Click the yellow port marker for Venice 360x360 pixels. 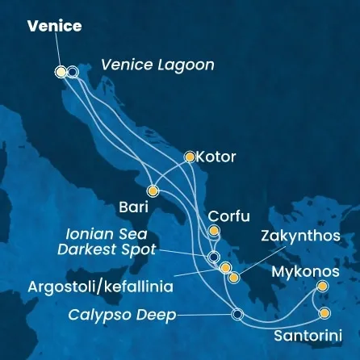tap(61, 72)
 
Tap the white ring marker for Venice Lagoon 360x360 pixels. tap(73, 72)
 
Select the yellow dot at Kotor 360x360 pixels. tap(190, 157)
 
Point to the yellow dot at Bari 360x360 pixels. tap(153, 191)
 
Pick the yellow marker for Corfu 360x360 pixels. tap(214, 232)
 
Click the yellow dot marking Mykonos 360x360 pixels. tap(323, 287)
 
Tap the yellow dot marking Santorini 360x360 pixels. tap(324, 313)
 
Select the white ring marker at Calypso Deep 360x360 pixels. tap(237, 315)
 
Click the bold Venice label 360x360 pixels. tap(54, 26)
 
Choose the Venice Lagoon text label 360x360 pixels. tap(157, 65)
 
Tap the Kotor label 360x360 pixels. tap(216, 157)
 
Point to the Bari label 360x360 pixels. tap(133, 207)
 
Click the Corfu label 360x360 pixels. tap(229, 216)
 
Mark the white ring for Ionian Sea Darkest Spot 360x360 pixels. tap(214, 257)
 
